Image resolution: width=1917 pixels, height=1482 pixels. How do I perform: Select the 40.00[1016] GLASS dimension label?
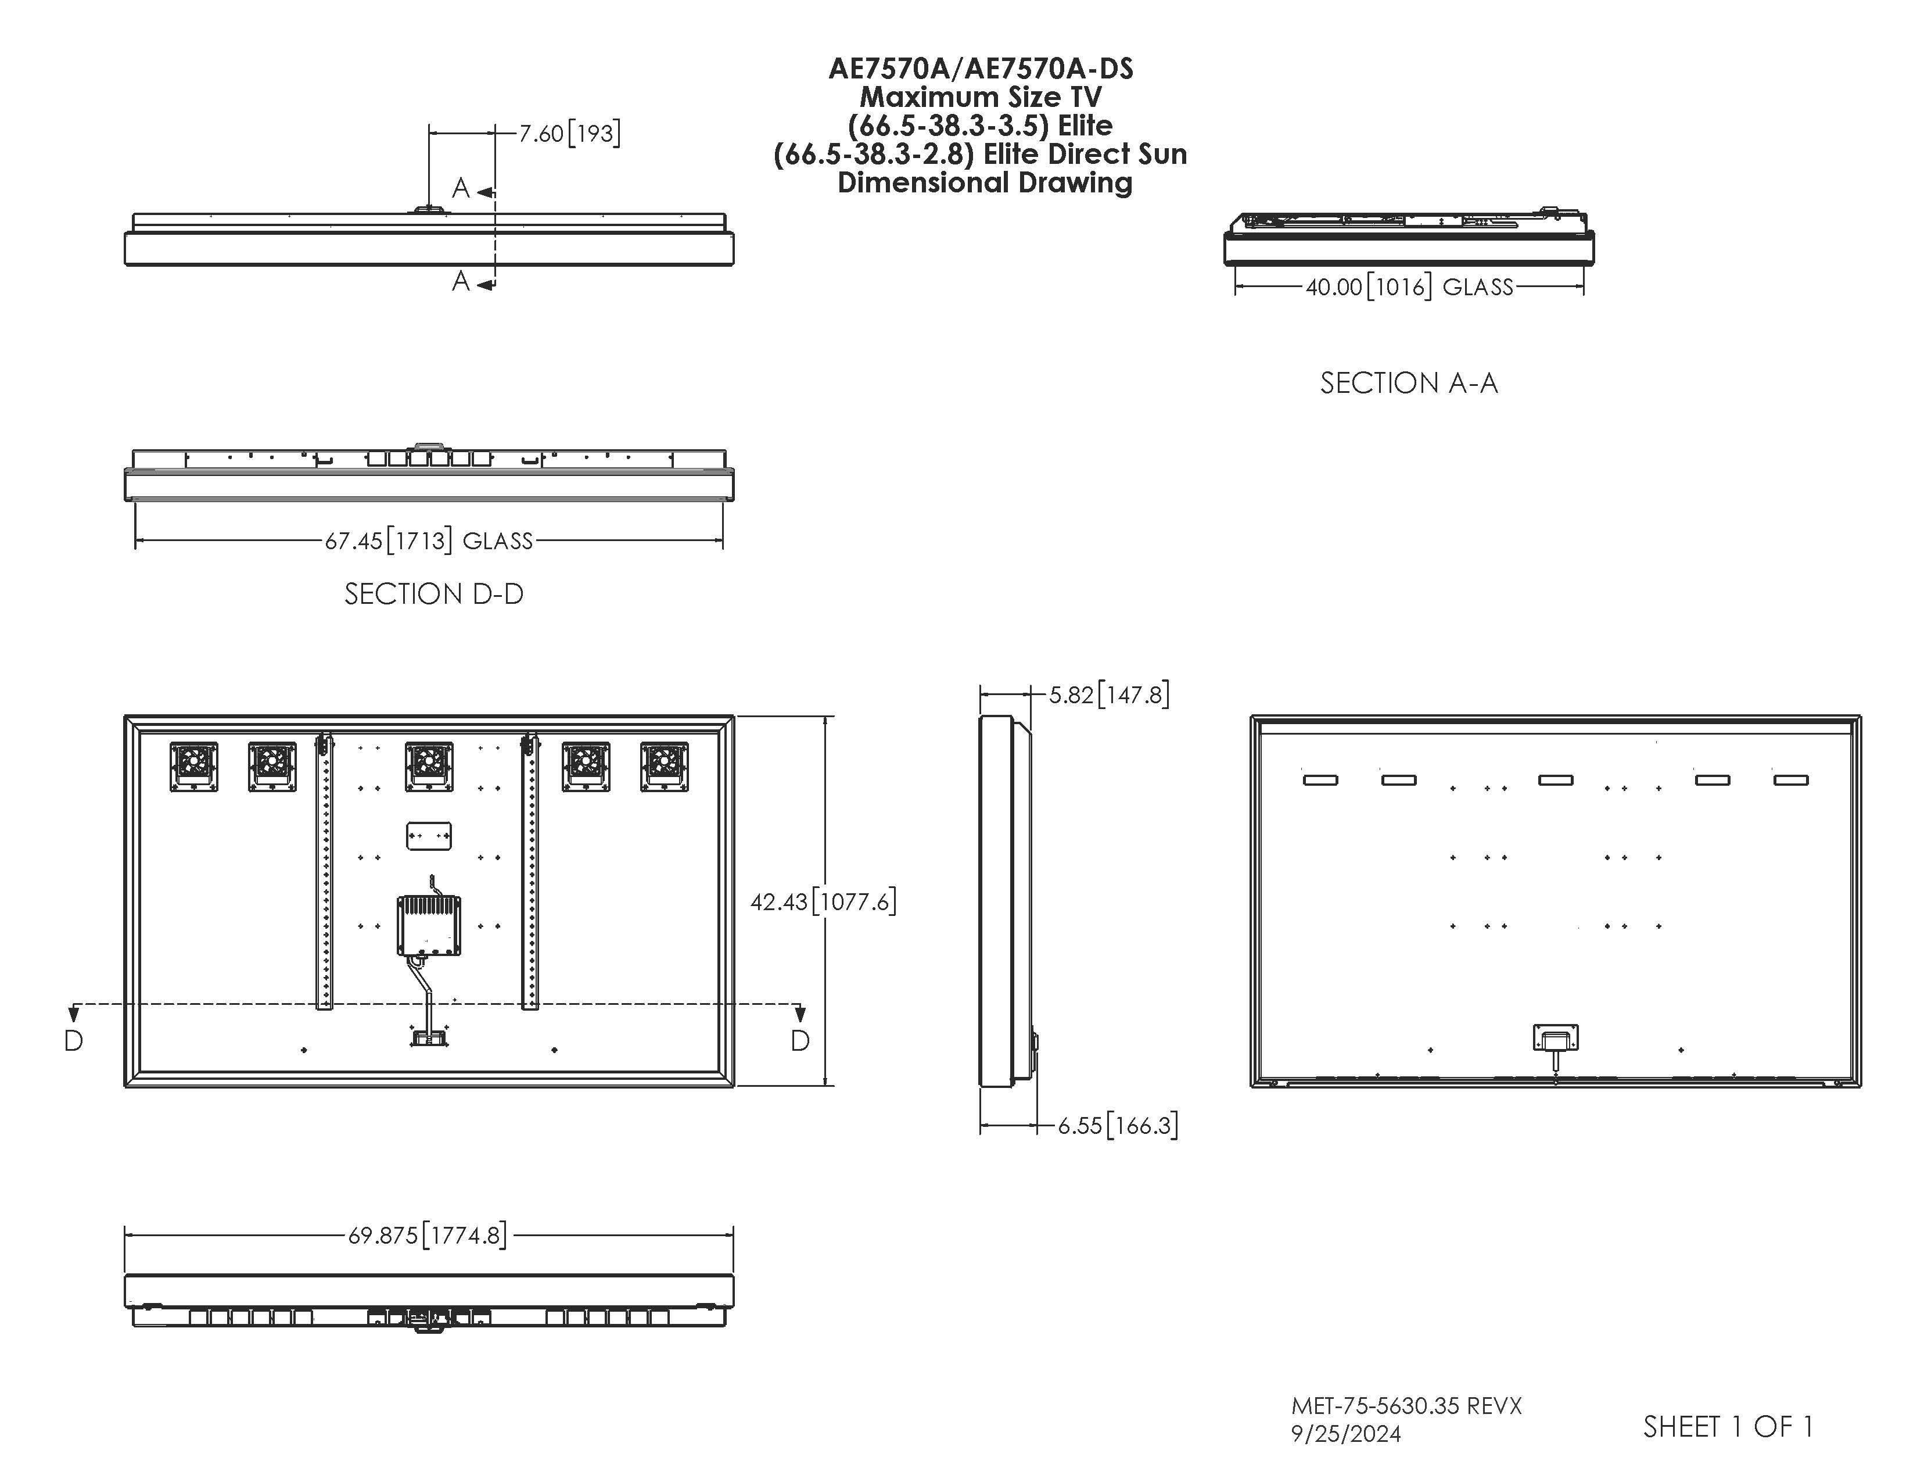[1409, 287]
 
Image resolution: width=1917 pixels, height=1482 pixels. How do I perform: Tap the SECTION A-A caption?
[1408, 383]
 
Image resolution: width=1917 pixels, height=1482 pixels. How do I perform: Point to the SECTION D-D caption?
[433, 595]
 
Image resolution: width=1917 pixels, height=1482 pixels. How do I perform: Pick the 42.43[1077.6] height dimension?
[823, 901]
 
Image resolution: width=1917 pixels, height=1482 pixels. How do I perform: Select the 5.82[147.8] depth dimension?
[1108, 695]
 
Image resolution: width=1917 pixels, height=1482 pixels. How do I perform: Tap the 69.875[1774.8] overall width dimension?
[428, 1236]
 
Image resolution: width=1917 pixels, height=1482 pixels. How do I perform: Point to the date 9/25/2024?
[1345, 1434]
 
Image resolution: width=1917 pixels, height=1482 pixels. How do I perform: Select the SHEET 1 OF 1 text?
[1728, 1427]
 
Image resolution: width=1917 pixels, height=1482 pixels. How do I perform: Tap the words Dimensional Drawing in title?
[984, 182]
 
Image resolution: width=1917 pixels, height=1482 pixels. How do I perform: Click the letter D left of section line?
[74, 1040]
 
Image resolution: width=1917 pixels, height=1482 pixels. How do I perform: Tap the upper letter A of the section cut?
[461, 188]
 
